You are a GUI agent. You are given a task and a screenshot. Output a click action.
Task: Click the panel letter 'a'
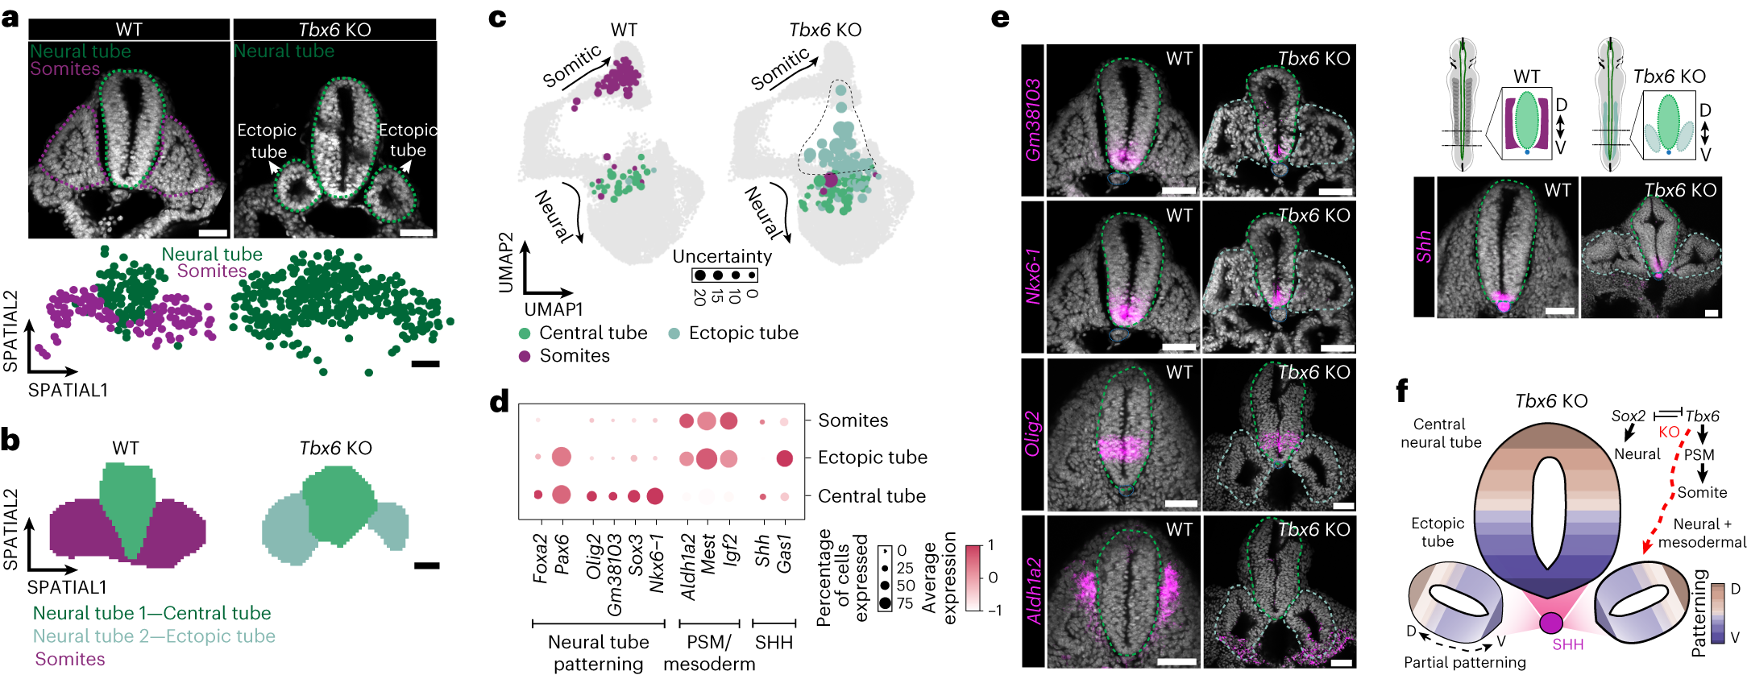point(10,17)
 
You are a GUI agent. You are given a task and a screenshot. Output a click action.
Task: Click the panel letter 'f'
point(1402,391)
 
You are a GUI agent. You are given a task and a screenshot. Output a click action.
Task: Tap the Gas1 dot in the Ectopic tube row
point(784,458)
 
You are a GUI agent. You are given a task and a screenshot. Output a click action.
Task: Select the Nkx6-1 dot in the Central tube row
point(655,496)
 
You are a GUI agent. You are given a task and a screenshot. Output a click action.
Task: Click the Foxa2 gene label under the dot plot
point(539,557)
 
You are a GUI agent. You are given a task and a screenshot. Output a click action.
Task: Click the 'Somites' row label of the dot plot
point(853,420)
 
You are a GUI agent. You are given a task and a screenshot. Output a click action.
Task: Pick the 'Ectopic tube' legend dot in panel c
point(674,333)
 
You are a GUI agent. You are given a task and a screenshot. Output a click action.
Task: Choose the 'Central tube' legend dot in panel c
point(525,333)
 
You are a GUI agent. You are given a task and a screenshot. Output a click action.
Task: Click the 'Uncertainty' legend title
point(722,256)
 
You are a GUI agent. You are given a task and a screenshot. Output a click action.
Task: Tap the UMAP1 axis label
point(553,309)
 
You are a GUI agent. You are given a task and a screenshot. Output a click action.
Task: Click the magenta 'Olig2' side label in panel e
point(1033,433)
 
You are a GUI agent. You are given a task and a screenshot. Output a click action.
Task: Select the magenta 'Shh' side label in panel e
point(1424,246)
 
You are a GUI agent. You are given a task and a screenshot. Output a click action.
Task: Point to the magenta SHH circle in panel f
point(1550,623)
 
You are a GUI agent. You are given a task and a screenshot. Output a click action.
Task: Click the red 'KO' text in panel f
point(1669,432)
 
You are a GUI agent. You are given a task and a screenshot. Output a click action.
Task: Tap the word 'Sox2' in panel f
point(1628,416)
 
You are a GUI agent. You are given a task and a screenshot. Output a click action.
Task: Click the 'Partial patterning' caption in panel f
point(1464,662)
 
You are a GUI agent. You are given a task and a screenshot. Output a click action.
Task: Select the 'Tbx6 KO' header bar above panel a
point(334,30)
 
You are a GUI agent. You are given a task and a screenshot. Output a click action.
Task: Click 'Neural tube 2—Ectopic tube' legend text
point(154,636)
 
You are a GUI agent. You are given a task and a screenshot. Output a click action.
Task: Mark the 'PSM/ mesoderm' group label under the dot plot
point(709,653)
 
